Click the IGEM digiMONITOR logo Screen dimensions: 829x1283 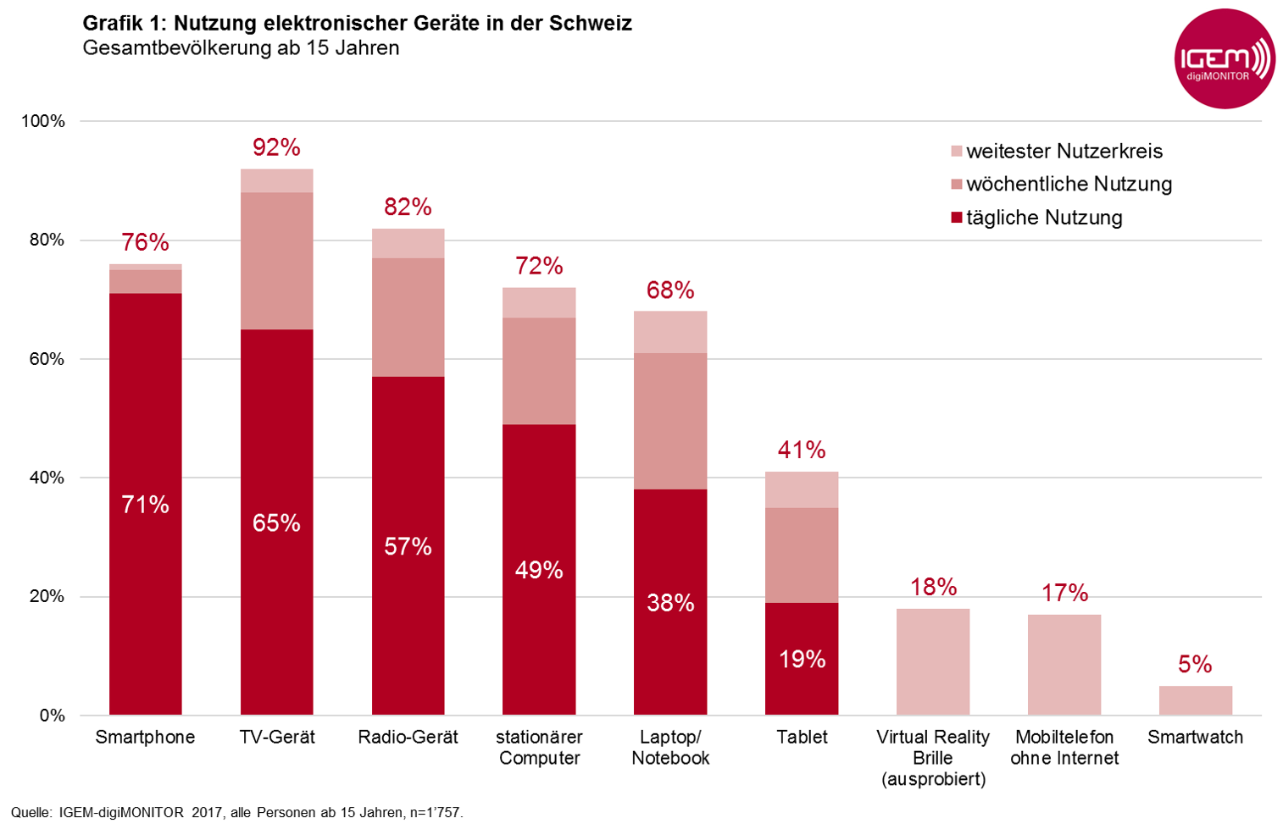click(1225, 59)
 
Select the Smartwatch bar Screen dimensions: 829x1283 click(1195, 700)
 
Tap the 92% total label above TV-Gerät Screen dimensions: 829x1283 click(276, 148)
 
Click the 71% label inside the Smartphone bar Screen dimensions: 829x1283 click(146, 506)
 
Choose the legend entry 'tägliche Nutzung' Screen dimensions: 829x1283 click(1044, 218)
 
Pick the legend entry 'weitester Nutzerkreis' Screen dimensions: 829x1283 click(1064, 152)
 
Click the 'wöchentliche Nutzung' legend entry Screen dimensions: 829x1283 click(1069, 185)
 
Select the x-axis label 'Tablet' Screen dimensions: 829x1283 click(802, 737)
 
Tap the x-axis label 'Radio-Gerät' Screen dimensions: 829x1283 click(408, 737)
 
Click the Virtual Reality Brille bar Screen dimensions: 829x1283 click(933, 661)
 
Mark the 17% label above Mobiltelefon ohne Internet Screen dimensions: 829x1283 click(1064, 593)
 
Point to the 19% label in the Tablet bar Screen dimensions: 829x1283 click(802, 659)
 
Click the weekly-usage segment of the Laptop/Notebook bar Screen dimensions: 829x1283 click(670, 421)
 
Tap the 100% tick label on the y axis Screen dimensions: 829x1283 click(43, 121)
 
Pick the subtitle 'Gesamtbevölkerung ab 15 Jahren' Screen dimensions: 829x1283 click(241, 48)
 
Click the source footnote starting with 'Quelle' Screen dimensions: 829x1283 click(237, 813)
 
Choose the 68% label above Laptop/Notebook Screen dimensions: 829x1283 click(670, 290)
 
